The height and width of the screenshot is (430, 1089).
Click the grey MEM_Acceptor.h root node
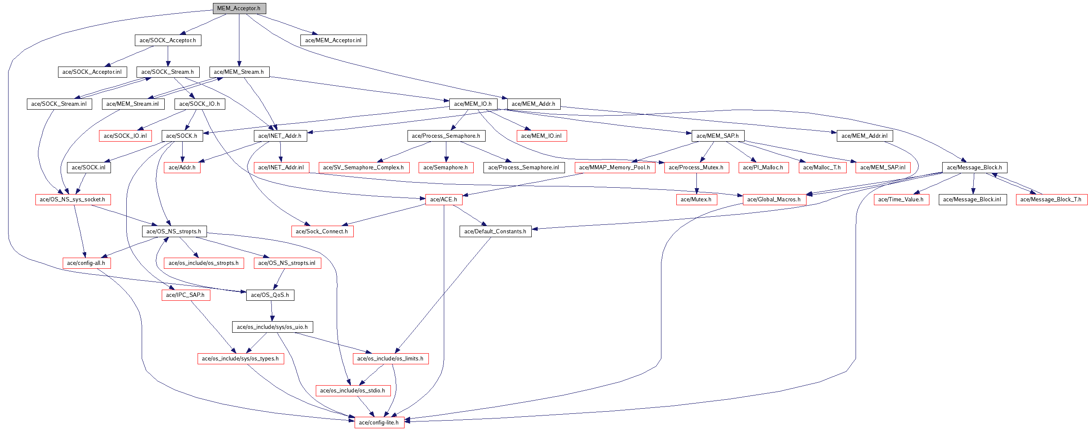(239, 9)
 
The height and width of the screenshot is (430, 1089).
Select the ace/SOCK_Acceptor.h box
(168, 41)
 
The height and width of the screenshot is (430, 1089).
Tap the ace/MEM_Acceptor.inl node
(333, 41)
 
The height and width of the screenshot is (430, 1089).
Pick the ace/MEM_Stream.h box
(239, 72)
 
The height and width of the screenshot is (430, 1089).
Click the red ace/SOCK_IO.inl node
(125, 136)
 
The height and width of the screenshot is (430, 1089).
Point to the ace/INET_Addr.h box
(280, 136)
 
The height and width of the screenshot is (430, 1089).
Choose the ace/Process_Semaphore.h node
(446, 136)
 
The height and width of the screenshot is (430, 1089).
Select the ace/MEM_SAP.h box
(717, 136)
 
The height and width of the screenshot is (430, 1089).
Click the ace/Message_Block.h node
(974, 168)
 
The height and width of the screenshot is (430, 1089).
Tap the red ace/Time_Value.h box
(901, 200)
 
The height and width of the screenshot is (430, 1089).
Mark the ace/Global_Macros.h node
(774, 200)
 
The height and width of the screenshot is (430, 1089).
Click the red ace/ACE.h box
(444, 200)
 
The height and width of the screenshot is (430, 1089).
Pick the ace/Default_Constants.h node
(495, 232)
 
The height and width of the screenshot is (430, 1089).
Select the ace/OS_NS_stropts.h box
(174, 232)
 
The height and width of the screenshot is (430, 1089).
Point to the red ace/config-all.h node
(86, 263)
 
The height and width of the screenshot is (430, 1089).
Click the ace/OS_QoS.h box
(270, 295)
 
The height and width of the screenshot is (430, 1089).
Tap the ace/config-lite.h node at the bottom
(379, 423)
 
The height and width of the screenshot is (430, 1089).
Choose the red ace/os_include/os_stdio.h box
(352, 391)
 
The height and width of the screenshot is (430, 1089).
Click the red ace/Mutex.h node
(696, 200)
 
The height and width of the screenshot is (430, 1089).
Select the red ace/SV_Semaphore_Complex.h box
(364, 168)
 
